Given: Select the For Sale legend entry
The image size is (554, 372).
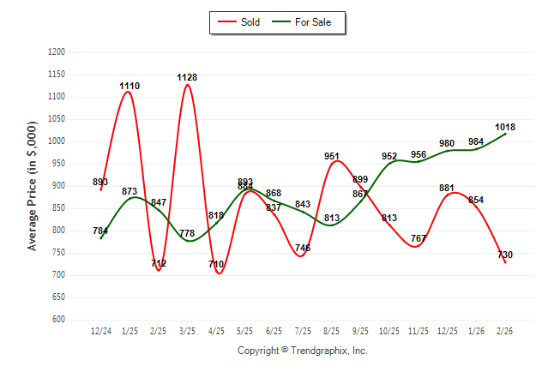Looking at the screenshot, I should coord(304,22).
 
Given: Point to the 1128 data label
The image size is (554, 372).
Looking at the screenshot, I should coord(187,78).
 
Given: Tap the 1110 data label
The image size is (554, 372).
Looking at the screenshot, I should coord(129,87).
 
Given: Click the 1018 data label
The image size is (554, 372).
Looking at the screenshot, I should coord(505,128).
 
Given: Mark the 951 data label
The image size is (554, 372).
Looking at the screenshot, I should coord(332,157).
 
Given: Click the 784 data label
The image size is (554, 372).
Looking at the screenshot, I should coord(100,231).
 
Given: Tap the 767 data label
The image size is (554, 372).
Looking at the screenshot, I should coord(419,238).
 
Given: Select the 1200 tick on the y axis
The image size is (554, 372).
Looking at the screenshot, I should coord(57,52).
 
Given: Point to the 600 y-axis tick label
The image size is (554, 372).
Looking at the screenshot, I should coord(58,320).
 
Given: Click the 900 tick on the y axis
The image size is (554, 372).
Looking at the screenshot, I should coord(58,186).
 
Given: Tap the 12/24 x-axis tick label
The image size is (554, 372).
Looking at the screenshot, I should coord(100,331).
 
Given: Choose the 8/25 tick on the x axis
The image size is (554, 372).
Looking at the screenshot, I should coord(332,331).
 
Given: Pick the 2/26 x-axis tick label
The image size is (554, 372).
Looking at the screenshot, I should coord(505,331).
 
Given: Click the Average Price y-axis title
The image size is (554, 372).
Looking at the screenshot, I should coord(33,185).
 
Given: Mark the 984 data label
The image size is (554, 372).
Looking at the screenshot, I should coord(476,142).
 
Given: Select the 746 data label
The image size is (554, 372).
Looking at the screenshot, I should coord(303,249).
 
